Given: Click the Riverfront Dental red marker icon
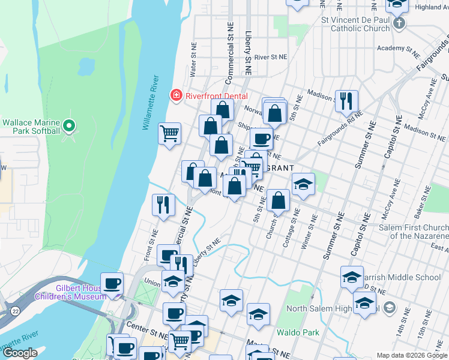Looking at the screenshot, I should [176, 95].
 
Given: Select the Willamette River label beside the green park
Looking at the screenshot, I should [151, 103].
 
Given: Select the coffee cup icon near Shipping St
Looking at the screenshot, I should [261, 139].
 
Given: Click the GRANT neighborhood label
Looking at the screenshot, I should [277, 168].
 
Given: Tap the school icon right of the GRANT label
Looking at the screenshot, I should [304, 184].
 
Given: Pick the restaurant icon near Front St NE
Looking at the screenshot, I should [163, 205].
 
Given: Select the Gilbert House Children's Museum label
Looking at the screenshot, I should [74, 292].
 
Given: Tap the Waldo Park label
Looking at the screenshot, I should [294, 332].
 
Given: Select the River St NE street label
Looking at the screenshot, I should [271, 56].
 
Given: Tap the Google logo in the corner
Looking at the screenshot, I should [20, 353].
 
